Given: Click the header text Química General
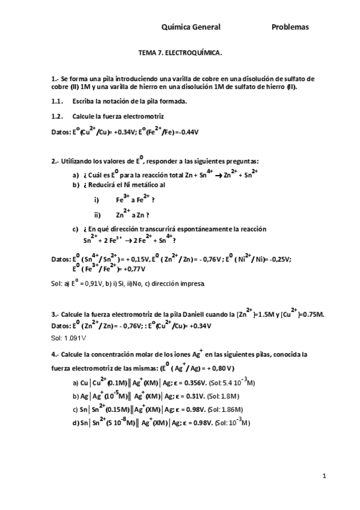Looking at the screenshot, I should tap(191, 27).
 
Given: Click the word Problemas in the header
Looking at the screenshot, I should tap(290, 27).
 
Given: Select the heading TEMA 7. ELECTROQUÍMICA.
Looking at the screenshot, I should tap(180, 53).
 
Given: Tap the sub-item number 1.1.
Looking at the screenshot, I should tap(58, 100).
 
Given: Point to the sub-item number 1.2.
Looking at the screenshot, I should tap(58, 115).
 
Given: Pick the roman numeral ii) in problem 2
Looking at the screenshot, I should tap(97, 215).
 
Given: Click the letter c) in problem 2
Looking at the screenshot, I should tap(75, 229).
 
